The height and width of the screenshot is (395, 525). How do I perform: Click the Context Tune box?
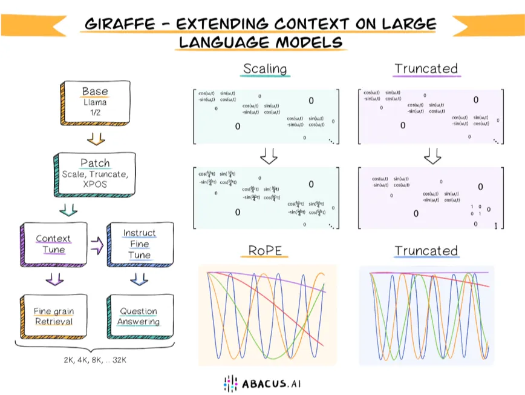point(53,245)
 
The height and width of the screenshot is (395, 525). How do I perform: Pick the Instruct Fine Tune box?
point(139,244)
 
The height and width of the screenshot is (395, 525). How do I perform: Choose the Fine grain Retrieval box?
point(53,316)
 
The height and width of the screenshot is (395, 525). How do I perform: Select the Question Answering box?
point(139,316)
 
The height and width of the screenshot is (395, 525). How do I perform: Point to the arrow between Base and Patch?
point(95,139)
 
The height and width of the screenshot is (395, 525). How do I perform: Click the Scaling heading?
point(265,68)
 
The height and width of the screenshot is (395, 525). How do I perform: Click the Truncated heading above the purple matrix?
point(426,68)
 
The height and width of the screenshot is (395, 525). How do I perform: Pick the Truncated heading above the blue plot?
point(426,250)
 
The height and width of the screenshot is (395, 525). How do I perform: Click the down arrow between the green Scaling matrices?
point(268,156)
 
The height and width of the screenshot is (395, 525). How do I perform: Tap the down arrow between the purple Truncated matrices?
point(432,156)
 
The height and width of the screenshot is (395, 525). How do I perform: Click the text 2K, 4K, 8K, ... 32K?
point(95,360)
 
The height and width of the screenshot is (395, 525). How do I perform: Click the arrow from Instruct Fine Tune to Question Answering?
point(139,279)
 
